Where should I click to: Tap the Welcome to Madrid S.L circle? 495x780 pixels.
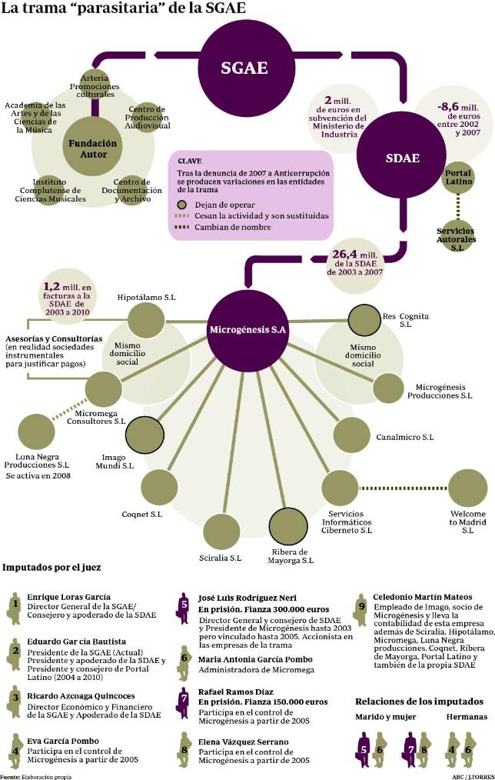(467, 487)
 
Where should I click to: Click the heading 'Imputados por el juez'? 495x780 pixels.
(51, 568)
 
